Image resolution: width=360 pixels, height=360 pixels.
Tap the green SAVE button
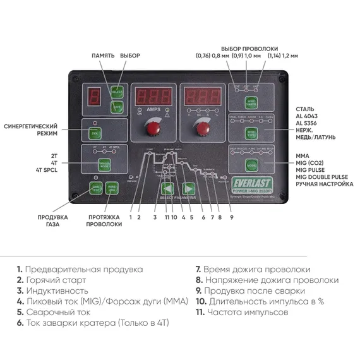click(x=116, y=107)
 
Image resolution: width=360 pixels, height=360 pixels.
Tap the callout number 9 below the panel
click(x=231, y=217)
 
